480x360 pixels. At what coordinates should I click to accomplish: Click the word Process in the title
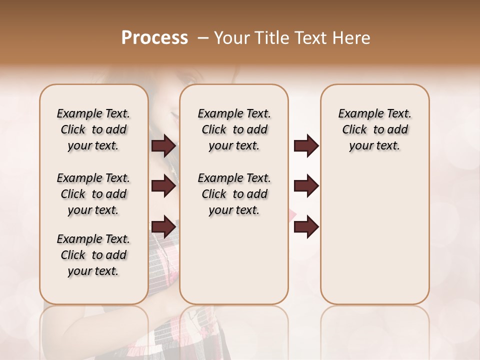pyautogui.click(x=154, y=38)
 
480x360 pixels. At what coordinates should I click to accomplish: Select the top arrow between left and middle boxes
pyautogui.click(x=163, y=145)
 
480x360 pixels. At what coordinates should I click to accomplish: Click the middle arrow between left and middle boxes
pyautogui.click(x=163, y=186)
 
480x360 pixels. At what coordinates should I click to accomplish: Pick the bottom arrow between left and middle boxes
pyautogui.click(x=163, y=226)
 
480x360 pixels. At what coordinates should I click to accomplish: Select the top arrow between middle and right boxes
pyautogui.click(x=306, y=145)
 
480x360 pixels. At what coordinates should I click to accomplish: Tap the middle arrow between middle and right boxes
pyautogui.click(x=306, y=186)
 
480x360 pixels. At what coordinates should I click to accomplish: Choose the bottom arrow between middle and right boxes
pyautogui.click(x=306, y=226)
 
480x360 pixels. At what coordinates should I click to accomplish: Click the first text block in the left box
pyautogui.click(x=93, y=129)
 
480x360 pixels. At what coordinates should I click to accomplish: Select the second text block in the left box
pyautogui.click(x=93, y=194)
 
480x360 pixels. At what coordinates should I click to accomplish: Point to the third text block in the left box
pyautogui.click(x=93, y=255)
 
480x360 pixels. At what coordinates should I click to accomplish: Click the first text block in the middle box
pyautogui.click(x=234, y=129)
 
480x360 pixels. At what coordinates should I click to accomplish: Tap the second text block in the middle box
pyautogui.click(x=234, y=194)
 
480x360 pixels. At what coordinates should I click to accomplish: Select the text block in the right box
pyautogui.click(x=375, y=129)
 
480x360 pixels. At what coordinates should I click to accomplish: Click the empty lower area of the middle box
pyautogui.click(x=234, y=260)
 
